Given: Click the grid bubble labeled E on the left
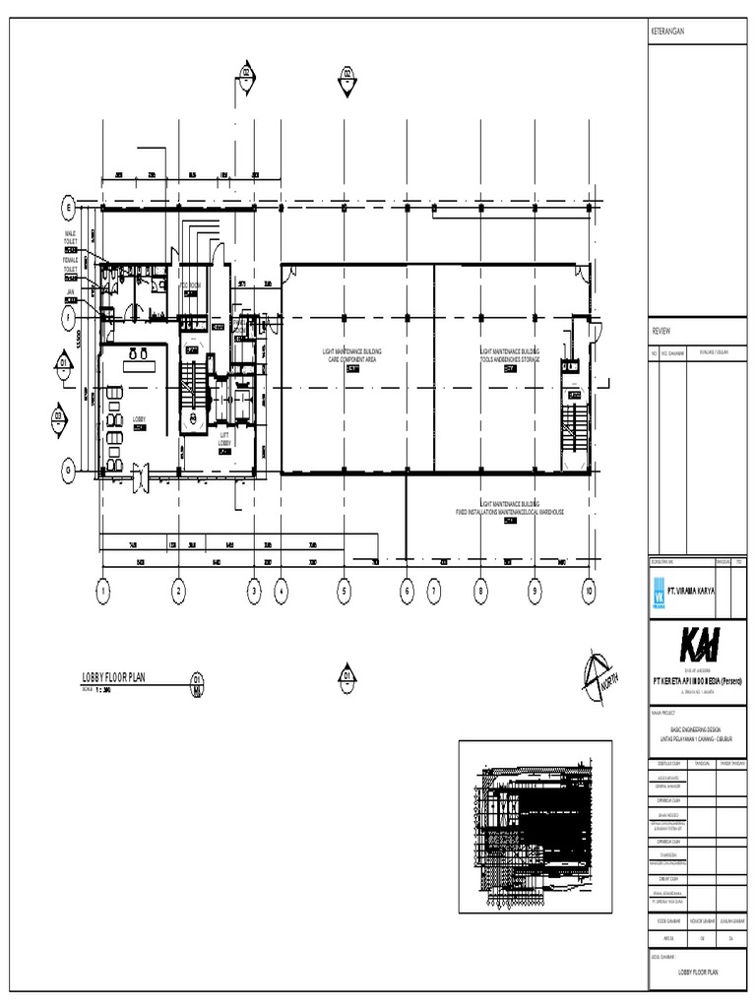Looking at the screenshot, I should tap(69, 208).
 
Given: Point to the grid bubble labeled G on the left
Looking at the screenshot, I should tap(69, 471).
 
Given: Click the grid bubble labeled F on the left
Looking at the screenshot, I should tap(69, 317).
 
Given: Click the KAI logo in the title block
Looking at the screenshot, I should tap(698, 646).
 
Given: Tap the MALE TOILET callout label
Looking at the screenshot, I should tap(71, 237).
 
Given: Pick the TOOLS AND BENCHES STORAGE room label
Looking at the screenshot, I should tap(510, 361).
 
